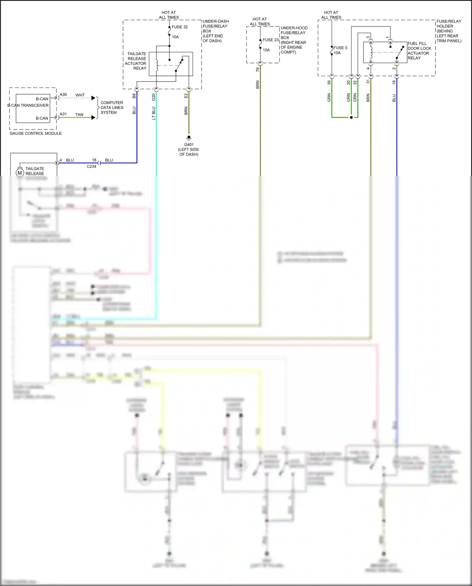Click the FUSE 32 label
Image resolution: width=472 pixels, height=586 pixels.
(180, 27)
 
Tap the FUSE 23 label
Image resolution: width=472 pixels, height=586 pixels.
(271, 40)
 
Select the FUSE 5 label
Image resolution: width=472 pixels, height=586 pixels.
(340, 48)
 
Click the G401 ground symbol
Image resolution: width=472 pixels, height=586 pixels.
(189, 138)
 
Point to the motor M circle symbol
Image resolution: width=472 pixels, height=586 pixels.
(20, 173)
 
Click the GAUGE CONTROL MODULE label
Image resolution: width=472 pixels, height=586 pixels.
(36, 134)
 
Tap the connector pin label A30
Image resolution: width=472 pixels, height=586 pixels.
(63, 94)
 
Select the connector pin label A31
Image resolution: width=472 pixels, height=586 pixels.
(63, 114)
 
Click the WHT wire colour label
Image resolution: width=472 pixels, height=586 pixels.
(80, 95)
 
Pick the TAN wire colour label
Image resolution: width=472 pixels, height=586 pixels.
(79, 115)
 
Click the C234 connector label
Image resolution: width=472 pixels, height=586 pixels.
(92, 167)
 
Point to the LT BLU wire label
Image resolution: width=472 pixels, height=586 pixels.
(154, 113)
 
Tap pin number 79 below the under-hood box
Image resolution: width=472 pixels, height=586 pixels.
(257, 70)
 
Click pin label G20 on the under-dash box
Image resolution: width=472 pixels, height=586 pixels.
(154, 97)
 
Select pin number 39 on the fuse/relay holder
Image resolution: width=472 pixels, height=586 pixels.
(329, 82)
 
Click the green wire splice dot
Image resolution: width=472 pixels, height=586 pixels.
(351, 117)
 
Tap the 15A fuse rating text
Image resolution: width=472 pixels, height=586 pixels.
(266, 50)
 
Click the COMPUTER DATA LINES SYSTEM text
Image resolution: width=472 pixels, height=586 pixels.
(112, 108)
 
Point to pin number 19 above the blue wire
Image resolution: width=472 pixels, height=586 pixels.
(394, 82)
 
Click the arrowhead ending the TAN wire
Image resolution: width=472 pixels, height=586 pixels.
(93, 117)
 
